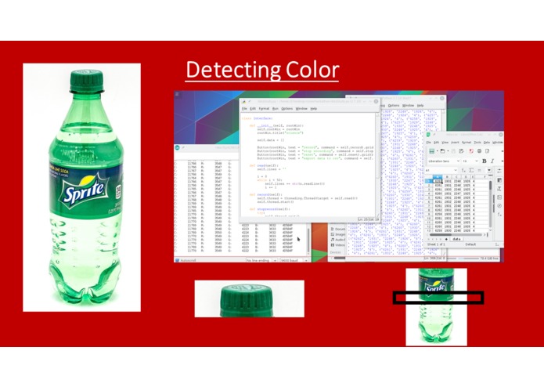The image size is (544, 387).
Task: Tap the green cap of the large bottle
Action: (86, 81)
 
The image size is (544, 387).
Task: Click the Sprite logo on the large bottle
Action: (82, 191)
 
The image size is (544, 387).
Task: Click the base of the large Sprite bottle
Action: (81, 291)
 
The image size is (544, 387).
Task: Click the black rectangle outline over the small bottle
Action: (438, 298)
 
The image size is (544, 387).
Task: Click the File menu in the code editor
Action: (244, 108)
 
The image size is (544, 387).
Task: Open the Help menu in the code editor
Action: (314, 108)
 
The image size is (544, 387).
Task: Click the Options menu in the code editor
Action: (287, 108)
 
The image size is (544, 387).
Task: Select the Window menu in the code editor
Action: (301, 108)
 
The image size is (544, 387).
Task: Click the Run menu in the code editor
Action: (276, 108)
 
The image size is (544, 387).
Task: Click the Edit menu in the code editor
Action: (254, 108)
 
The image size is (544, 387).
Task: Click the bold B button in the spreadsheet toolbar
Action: (483, 161)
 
